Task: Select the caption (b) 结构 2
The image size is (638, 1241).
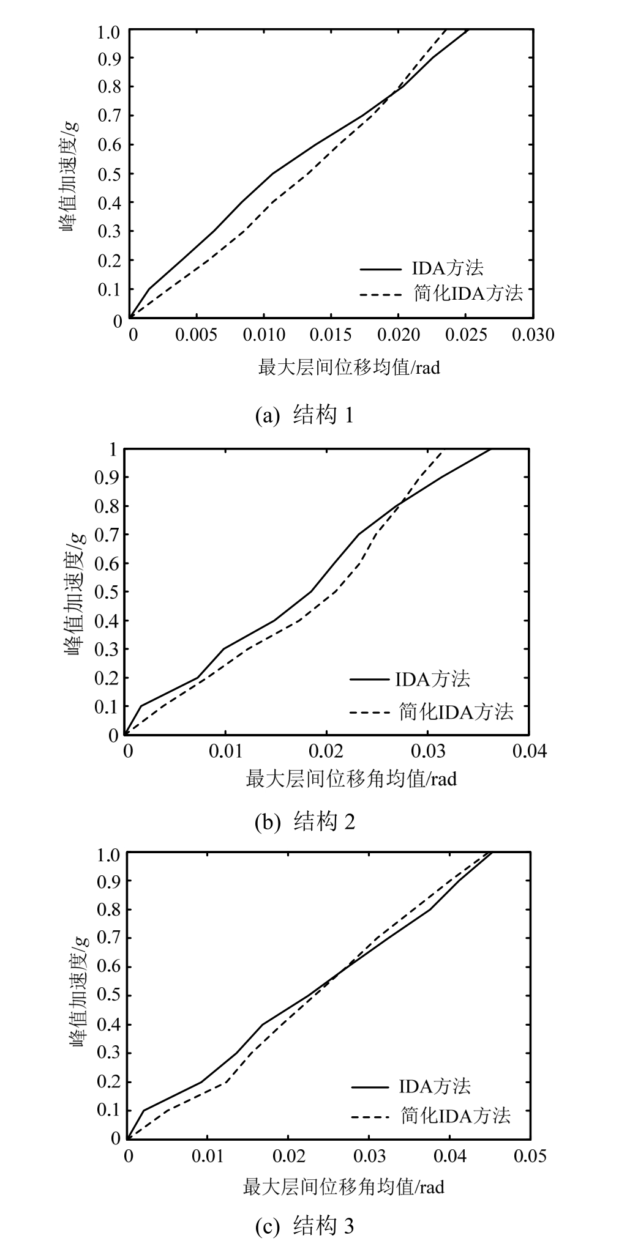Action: [x=304, y=821]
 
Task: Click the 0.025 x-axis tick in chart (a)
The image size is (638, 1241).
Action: [x=466, y=335]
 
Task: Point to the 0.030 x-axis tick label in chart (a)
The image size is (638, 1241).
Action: [x=533, y=335]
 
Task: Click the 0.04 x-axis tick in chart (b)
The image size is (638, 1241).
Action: [x=529, y=750]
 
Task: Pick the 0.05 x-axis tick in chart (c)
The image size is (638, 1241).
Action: [x=529, y=1155]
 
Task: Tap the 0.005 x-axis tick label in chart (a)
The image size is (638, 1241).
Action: [x=197, y=335]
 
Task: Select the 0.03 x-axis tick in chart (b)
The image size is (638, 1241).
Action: [x=428, y=750]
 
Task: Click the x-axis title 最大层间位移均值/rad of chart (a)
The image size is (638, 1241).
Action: [x=349, y=368]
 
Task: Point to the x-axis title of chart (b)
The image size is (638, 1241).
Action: [x=351, y=779]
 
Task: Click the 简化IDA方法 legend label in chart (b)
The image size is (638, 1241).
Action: [x=456, y=711]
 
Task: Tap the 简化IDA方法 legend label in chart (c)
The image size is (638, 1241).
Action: [x=456, y=1115]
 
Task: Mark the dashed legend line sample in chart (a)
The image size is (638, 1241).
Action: [x=382, y=295]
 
